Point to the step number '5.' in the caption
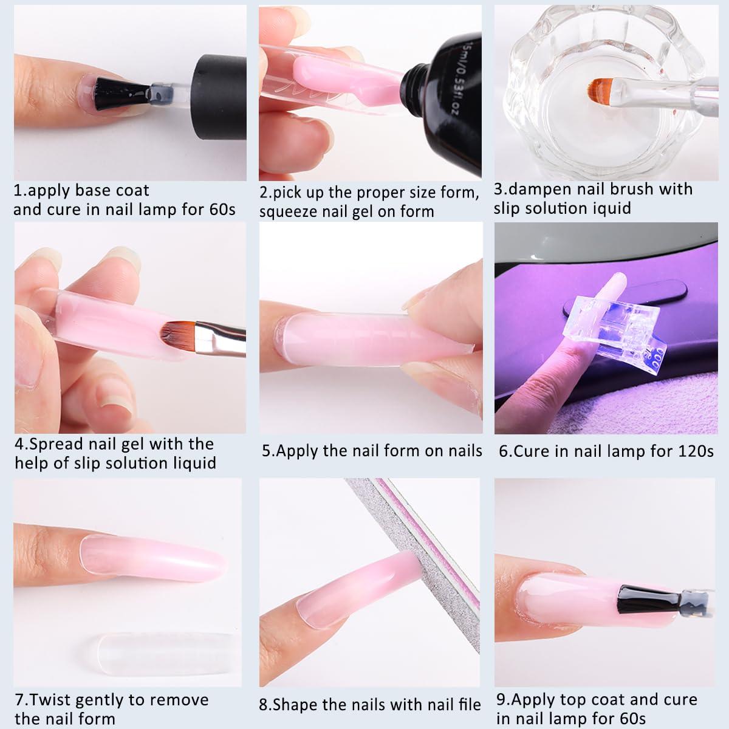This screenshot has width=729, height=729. click(x=268, y=451)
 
